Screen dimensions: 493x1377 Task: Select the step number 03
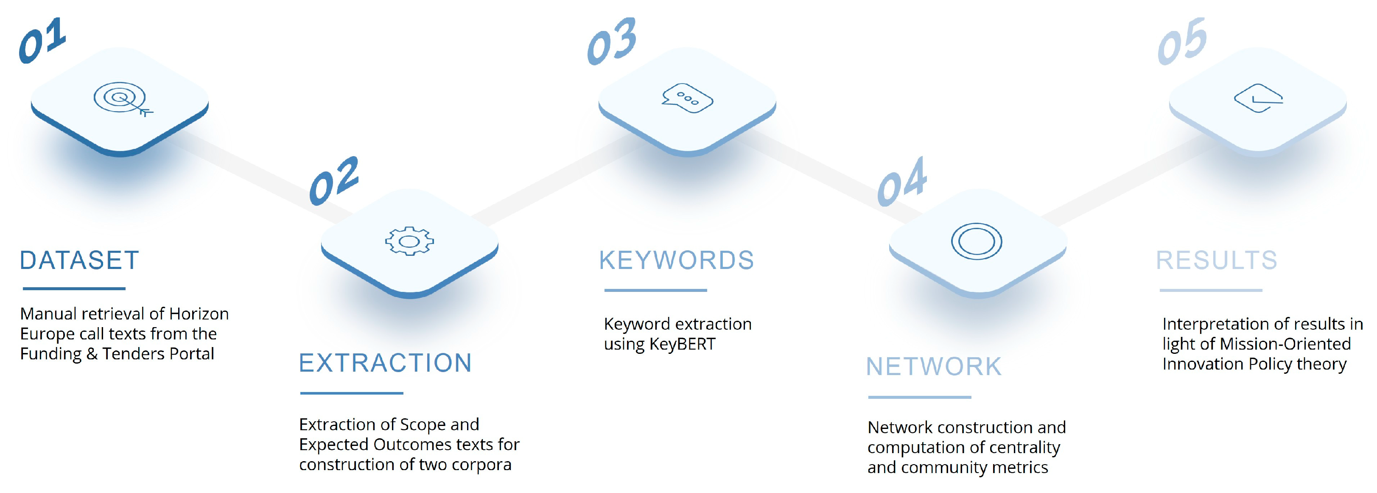(612, 41)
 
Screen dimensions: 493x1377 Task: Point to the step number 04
(902, 182)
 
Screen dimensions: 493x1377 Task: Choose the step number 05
(1182, 41)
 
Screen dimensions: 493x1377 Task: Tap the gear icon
(409, 241)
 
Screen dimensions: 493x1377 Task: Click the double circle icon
(976, 241)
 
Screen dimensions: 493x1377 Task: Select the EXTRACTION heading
(385, 363)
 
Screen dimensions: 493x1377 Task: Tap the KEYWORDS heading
(676, 261)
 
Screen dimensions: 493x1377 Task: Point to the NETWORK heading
(933, 367)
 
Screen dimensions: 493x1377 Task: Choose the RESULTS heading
(1216, 261)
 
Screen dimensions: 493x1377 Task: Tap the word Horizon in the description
(199, 314)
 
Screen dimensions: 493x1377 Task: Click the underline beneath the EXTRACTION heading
(352, 393)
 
